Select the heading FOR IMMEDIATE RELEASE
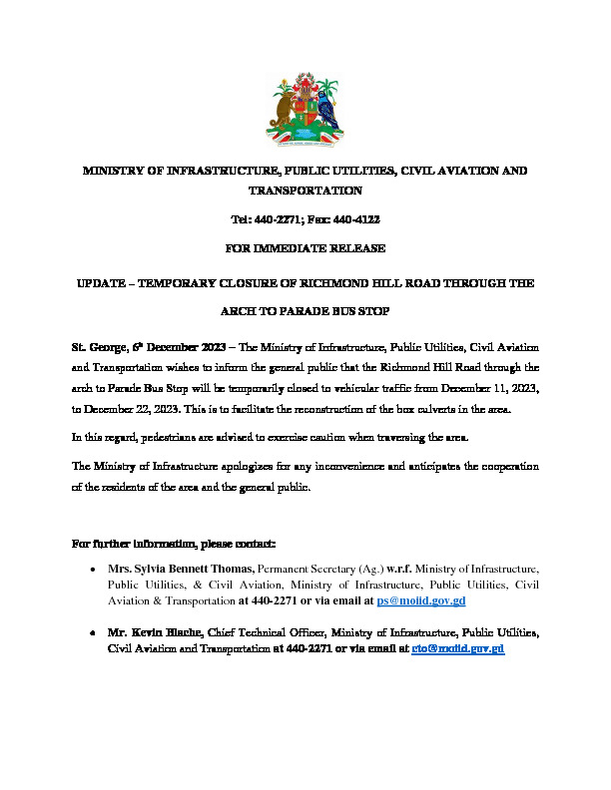[x=305, y=247]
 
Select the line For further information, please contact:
[x=175, y=544]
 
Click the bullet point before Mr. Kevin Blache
[x=93, y=633]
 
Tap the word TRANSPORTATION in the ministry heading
[x=305, y=190]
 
